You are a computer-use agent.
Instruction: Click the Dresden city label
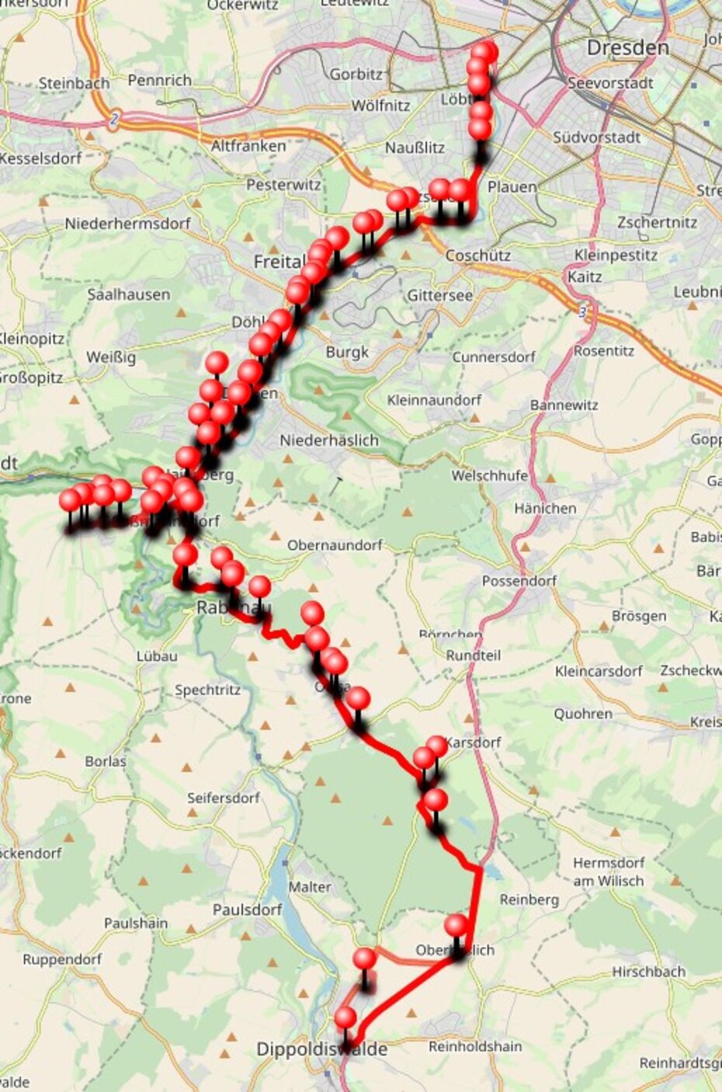[627, 48]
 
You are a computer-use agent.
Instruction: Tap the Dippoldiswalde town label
[321, 1049]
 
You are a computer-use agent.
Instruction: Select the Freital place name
[279, 262]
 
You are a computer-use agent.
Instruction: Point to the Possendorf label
[517, 580]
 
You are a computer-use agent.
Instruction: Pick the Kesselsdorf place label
[40, 158]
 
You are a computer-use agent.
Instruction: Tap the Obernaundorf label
[335, 545]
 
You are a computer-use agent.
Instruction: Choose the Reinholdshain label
[475, 1046]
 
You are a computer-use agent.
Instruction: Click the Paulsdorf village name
[247, 909]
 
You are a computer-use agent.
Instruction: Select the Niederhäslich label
[329, 440]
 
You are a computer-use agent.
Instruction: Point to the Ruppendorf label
[62, 959]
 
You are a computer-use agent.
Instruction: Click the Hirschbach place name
[649, 971]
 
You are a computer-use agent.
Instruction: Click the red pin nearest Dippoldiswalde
[345, 1018]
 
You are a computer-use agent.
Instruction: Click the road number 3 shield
[581, 310]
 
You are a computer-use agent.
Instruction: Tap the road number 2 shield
[114, 120]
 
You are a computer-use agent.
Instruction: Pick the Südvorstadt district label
[597, 137]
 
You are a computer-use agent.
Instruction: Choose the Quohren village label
[583, 714]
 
